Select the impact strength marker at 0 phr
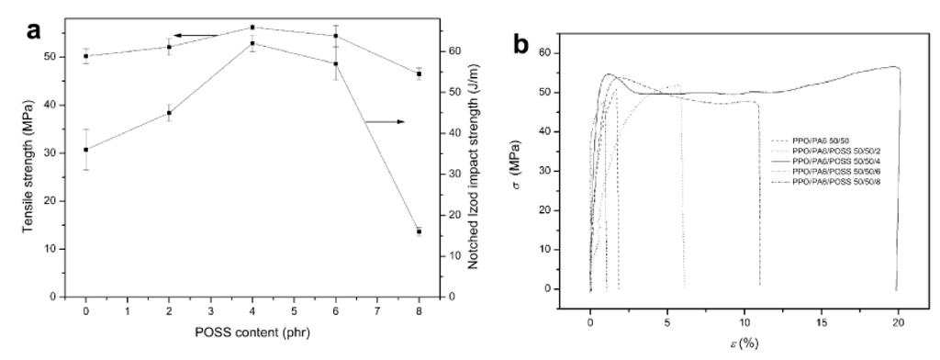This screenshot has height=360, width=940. [x=86, y=150]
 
